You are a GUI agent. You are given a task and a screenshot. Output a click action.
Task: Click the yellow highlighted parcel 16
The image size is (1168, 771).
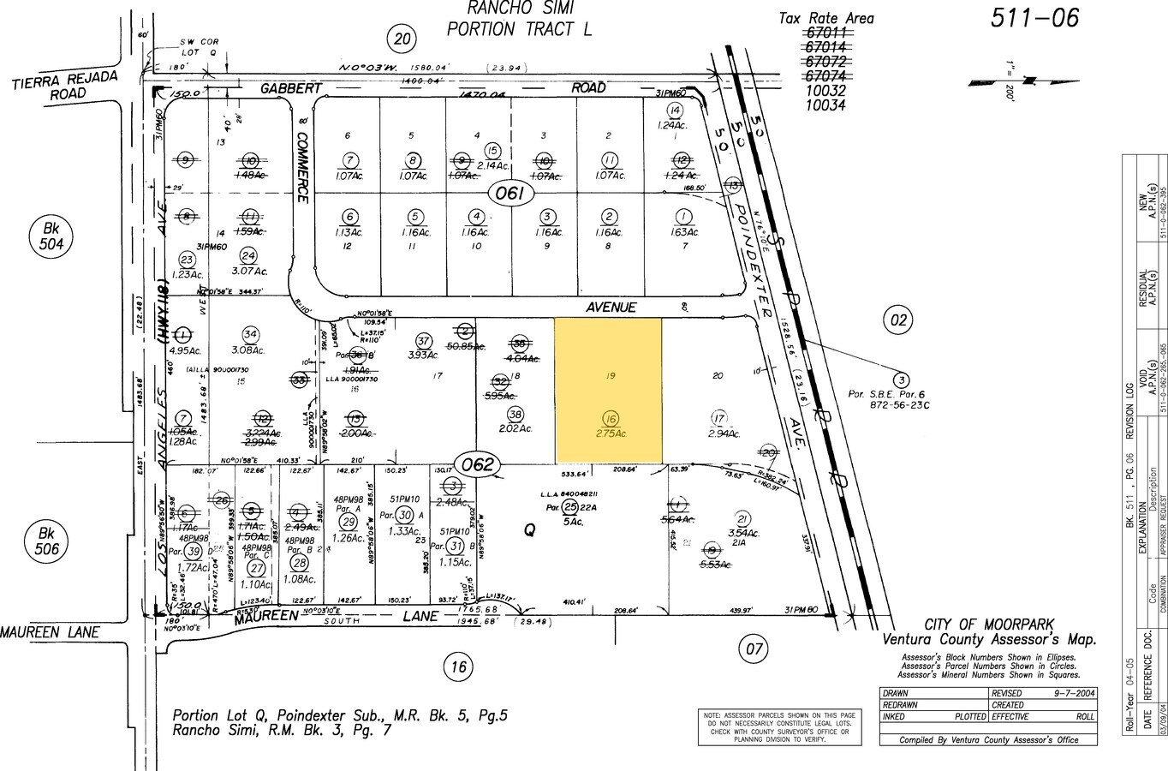608,390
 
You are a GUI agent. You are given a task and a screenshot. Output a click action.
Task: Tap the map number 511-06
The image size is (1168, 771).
1034,18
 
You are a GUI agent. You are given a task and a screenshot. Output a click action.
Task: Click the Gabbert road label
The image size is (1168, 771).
291,88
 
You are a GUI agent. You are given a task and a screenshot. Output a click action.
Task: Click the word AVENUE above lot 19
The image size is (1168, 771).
611,307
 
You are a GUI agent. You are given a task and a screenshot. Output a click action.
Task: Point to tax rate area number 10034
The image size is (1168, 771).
825,105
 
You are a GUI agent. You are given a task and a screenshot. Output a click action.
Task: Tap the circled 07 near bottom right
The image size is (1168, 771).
754,648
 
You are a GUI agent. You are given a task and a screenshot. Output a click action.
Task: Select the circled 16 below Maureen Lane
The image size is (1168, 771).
459,666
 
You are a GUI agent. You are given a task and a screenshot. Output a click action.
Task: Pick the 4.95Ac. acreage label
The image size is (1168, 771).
185,350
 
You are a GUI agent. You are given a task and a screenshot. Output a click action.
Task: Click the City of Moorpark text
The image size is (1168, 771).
989,625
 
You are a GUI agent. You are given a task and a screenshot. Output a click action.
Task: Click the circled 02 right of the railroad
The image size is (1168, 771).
897,320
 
